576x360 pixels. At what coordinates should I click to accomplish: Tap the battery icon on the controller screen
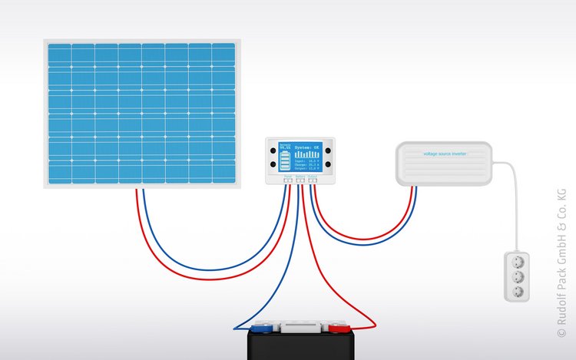[x=285, y=160]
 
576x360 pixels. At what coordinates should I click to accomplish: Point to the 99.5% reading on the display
[x=285, y=146]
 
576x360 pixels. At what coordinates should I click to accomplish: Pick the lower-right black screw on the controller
[x=328, y=164]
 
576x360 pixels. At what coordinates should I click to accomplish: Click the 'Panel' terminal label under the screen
[x=287, y=176]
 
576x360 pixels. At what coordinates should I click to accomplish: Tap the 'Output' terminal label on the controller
[x=312, y=176]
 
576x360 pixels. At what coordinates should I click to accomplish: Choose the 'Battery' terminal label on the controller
[x=300, y=176]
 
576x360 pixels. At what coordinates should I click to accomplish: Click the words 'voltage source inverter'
[x=445, y=154]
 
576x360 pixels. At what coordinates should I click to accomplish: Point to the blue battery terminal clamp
[x=264, y=329]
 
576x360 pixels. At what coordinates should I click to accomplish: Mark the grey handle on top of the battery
[x=300, y=328]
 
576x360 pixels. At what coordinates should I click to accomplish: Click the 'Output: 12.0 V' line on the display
[x=307, y=169]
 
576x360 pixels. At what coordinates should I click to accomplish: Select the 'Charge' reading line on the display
[x=307, y=165]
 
